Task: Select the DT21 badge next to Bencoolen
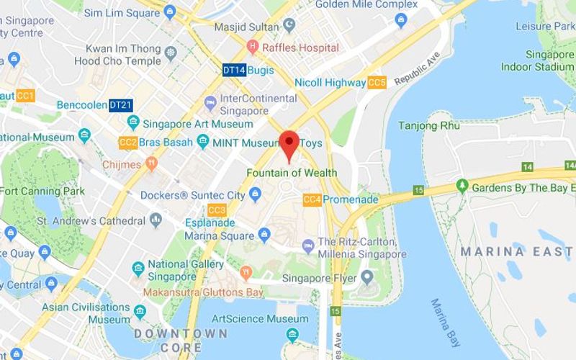point(120,105)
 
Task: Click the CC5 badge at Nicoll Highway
point(377,83)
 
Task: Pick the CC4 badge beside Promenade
point(312,199)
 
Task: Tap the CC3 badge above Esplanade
point(217,210)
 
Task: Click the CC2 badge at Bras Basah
point(128,143)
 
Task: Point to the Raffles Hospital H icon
point(252,48)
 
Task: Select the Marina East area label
point(516,251)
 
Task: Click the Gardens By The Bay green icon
point(462,187)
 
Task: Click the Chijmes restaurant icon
point(151,164)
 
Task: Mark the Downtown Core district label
point(181,339)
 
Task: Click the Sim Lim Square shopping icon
point(170,12)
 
